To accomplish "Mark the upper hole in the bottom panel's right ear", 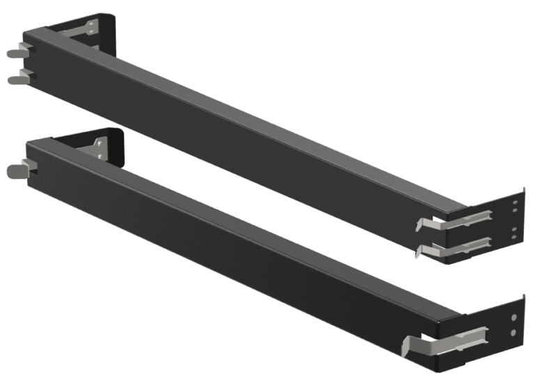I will tap(514, 316).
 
